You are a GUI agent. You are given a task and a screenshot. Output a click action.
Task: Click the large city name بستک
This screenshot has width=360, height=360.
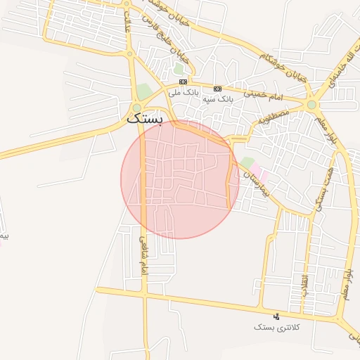145,120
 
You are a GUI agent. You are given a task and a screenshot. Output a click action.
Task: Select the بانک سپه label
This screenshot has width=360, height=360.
217,99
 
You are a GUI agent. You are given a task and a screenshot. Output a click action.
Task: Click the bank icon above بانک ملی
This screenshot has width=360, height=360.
183,82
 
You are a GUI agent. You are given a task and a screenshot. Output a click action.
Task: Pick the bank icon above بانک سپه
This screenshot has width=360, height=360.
217,89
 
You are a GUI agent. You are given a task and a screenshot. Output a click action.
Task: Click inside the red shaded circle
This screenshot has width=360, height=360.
179,179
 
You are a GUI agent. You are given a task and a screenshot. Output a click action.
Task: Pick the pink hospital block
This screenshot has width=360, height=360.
259,172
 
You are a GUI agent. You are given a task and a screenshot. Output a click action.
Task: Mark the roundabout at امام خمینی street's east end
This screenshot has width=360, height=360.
311,105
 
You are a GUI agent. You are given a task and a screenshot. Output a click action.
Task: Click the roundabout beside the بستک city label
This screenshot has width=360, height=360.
136,108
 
